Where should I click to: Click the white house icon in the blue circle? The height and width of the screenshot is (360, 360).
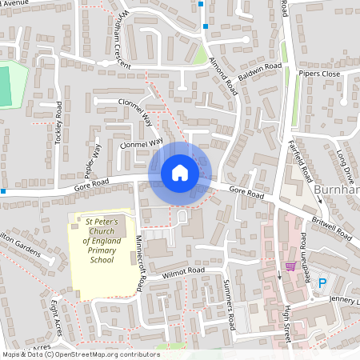click(180, 173)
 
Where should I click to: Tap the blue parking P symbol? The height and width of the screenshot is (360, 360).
click(323, 282)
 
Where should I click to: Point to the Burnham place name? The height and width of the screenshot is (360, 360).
click(337, 189)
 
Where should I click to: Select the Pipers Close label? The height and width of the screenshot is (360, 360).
click(319, 74)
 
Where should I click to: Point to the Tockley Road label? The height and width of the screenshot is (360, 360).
click(58, 120)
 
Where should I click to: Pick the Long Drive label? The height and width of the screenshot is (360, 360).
click(344, 163)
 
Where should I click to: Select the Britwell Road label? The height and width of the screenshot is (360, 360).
click(333, 228)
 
